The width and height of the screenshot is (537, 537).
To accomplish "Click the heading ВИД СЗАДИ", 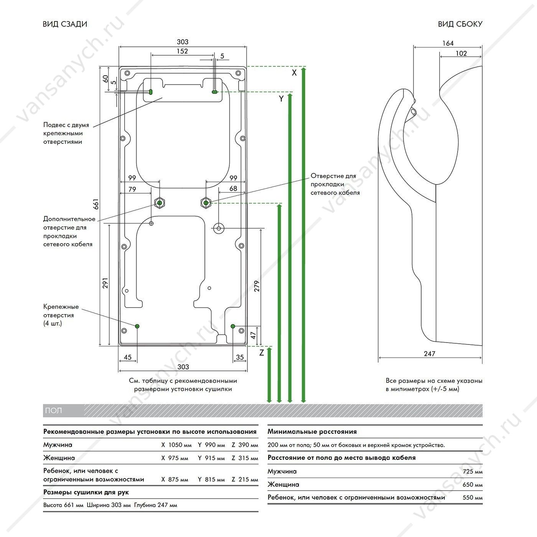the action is [65, 24].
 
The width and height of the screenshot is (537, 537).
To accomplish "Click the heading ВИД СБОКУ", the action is [460, 24].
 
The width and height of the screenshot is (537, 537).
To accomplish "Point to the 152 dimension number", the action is [182, 51].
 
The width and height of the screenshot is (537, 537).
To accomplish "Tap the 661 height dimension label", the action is [96, 204].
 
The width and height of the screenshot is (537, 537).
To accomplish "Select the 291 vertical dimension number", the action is [105, 283].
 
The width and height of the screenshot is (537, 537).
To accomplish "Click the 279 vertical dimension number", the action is [257, 286].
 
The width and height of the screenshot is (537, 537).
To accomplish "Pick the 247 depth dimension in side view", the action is [430, 354].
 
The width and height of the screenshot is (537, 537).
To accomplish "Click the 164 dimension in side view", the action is [448, 43].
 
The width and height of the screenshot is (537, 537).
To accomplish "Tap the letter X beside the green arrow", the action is [294, 73].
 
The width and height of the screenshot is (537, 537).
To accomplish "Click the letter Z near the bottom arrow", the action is [261, 353].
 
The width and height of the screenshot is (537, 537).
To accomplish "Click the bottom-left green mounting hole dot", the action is [137, 326].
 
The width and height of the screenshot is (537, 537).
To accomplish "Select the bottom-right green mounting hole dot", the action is [233, 326].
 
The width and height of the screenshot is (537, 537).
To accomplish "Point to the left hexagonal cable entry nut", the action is [160, 203].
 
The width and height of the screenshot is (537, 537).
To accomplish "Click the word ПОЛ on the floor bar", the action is [53, 410].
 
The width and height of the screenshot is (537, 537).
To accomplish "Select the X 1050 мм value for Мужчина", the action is [176, 445].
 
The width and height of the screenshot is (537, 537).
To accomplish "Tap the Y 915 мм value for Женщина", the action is [211, 458].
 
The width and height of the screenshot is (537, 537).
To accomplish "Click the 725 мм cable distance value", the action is [473, 471].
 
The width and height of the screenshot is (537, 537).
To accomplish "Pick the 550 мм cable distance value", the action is [473, 497].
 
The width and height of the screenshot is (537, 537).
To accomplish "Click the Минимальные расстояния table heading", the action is [312, 432].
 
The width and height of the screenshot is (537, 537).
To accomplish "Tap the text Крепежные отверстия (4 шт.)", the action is [61, 315].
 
